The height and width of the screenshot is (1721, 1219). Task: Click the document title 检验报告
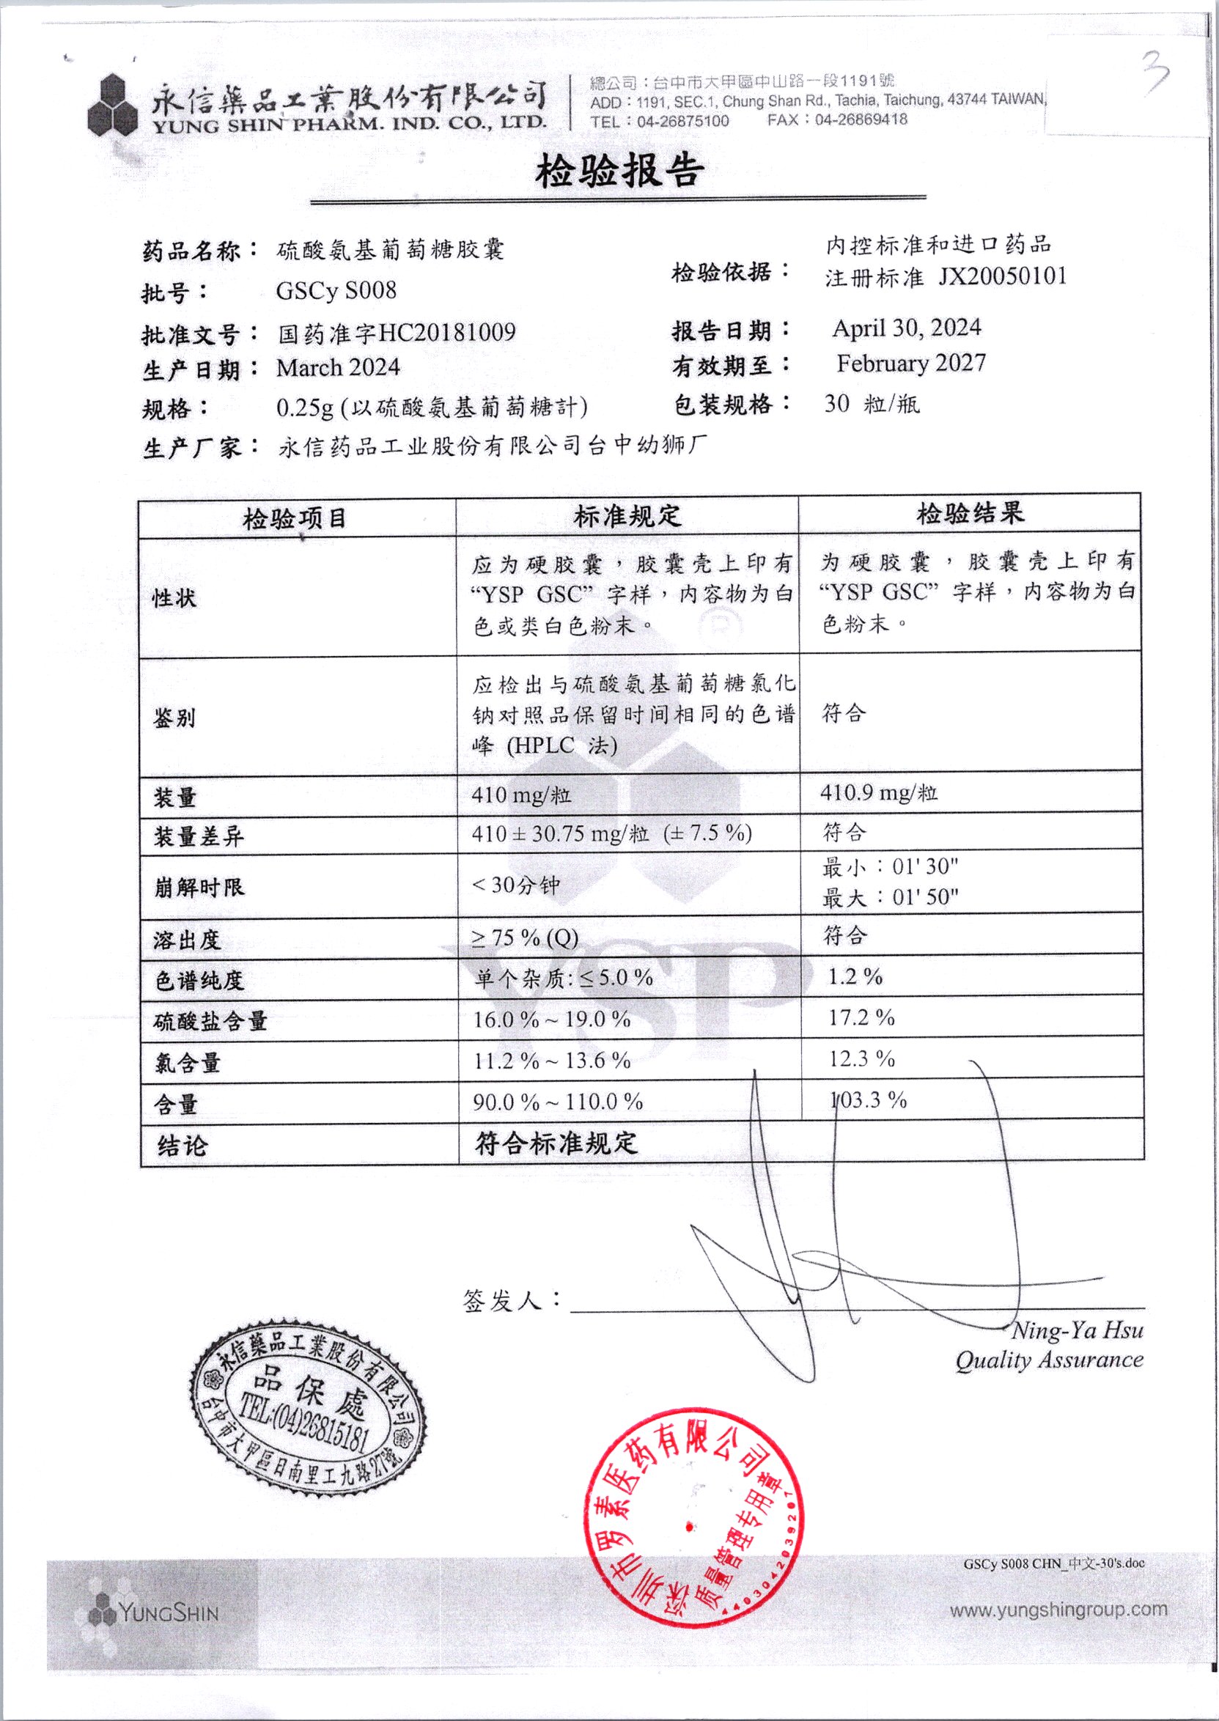coord(619,171)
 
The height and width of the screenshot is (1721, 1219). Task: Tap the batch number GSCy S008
coord(336,290)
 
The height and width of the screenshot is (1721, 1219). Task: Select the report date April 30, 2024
coord(906,328)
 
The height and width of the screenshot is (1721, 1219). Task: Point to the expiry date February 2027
coord(910,364)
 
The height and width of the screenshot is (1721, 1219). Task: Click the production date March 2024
coord(338,368)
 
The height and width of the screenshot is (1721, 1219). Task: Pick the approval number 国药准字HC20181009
coord(397,333)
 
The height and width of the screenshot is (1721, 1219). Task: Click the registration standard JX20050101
coord(1002,277)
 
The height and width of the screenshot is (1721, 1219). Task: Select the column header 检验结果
coord(970,514)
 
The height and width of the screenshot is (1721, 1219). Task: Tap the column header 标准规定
coord(627,515)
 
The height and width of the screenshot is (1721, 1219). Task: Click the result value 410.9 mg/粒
coord(878,792)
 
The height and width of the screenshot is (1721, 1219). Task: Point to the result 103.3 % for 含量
coord(869,1100)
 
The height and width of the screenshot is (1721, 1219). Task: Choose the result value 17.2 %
coord(861,1018)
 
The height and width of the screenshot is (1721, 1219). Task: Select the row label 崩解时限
coord(199,887)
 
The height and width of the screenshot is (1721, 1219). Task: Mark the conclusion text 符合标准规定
coord(556,1143)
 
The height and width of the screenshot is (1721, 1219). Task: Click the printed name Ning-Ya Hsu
coord(1077,1331)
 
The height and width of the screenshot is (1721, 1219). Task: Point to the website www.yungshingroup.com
coord(1058,1609)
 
